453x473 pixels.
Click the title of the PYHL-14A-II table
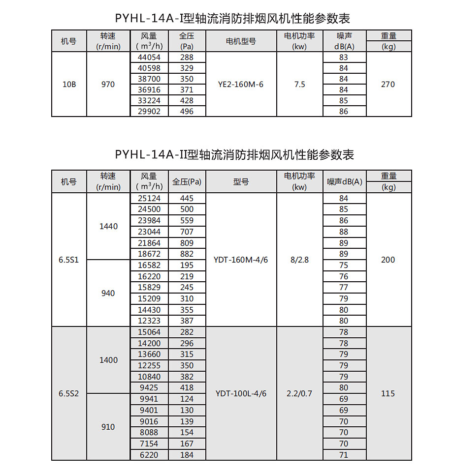[x=234, y=154]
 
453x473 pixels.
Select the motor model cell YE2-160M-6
[x=241, y=85]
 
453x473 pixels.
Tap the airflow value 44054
[x=149, y=57]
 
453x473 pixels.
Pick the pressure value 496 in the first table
[x=187, y=112]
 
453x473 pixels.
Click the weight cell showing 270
[x=388, y=85]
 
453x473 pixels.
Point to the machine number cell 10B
[x=69, y=85]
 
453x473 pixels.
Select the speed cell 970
[x=108, y=85]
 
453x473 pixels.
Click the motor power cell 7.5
[x=299, y=85]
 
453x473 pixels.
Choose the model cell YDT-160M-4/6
[x=241, y=260]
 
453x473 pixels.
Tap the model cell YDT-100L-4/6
[x=241, y=394]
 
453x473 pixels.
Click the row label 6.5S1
[x=69, y=260]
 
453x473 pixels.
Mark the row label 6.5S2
[x=69, y=394]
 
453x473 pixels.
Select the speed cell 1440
[x=108, y=227]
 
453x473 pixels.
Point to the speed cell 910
[x=108, y=427]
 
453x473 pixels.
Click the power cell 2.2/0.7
[x=299, y=394]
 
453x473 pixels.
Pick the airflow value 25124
[x=149, y=199]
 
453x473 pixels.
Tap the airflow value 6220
[x=149, y=455]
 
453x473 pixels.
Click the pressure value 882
[x=187, y=254]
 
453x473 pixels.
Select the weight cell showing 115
[x=388, y=394]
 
